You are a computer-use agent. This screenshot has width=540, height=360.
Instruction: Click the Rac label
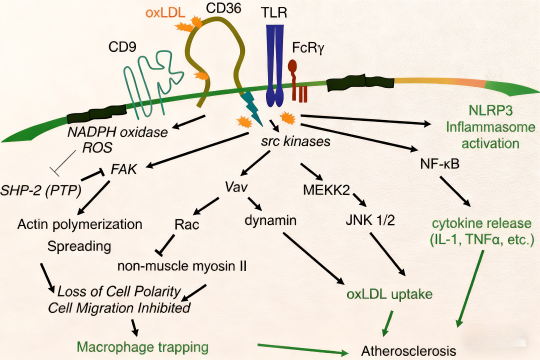186,224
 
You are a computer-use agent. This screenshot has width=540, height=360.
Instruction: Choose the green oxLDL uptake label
389,294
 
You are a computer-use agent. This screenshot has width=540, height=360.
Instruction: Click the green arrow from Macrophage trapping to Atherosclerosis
302,349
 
